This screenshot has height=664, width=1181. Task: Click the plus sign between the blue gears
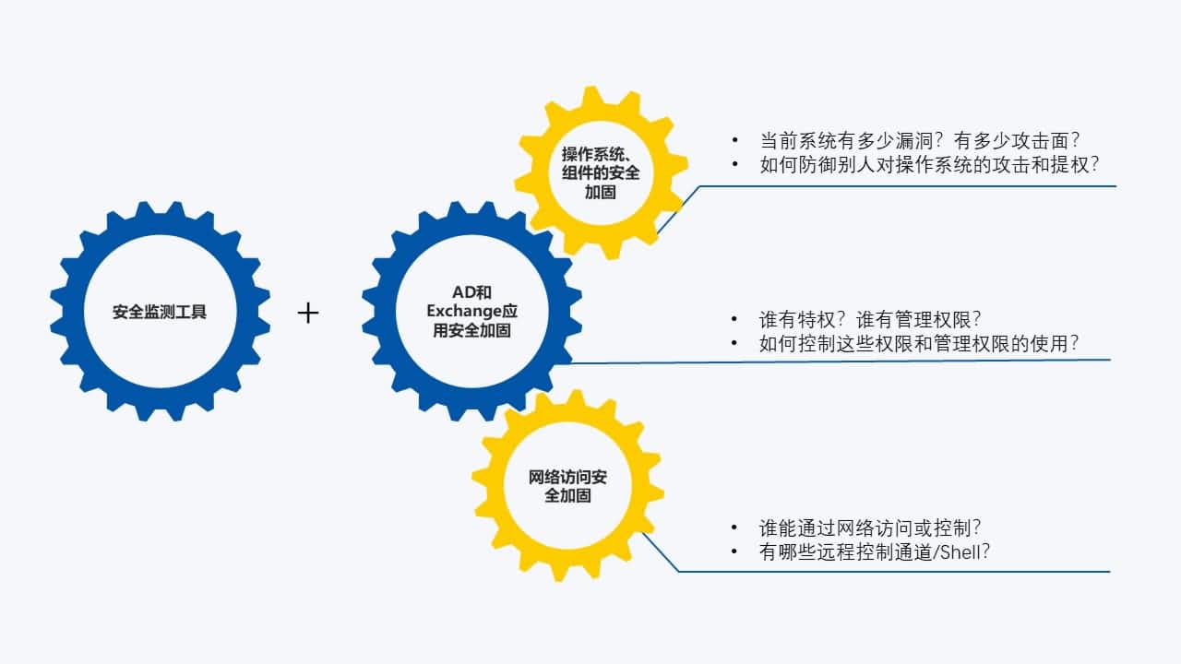pyautogui.click(x=308, y=314)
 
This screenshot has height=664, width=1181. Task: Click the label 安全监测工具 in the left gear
pyautogui.click(x=160, y=312)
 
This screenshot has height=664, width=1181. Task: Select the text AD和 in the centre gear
pyautogui.click(x=471, y=292)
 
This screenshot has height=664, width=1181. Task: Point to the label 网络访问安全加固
pyautogui.click(x=567, y=486)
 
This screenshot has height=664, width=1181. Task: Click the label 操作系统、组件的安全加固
pyautogui.click(x=601, y=172)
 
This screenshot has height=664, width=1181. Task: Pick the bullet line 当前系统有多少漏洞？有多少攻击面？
pyautogui.click(x=920, y=140)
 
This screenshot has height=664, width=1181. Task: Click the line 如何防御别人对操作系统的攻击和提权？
pyautogui.click(x=930, y=165)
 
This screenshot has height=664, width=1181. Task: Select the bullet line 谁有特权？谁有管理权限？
pyautogui.click(x=870, y=319)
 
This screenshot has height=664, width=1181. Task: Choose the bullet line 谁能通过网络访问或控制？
pyautogui.click(x=870, y=528)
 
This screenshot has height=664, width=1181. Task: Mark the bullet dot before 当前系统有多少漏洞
pyautogui.click(x=735, y=140)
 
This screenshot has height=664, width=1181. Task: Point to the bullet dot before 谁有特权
pyautogui.click(x=735, y=319)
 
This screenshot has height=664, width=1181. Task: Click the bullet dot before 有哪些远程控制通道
pyautogui.click(x=735, y=552)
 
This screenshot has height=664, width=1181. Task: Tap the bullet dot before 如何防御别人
pyautogui.click(x=735, y=165)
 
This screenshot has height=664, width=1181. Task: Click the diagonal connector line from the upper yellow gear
pyautogui.click(x=679, y=209)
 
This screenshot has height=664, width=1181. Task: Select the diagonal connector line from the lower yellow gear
pyautogui.click(x=660, y=551)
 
